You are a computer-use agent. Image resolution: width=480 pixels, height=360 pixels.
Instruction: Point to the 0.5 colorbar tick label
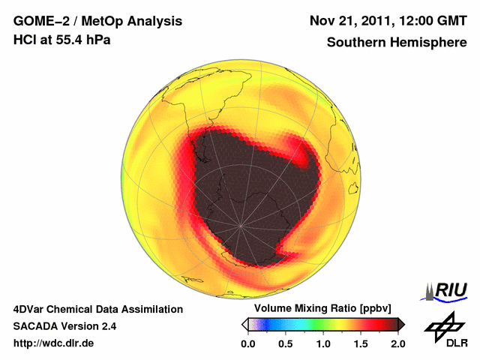pos(285,343)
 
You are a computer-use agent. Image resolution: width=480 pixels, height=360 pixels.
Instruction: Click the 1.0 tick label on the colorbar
pos(322,343)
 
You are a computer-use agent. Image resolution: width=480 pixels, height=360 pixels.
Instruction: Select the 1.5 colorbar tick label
pos(361,343)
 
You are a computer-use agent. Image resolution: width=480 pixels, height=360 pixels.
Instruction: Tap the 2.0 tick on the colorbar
pos(397,343)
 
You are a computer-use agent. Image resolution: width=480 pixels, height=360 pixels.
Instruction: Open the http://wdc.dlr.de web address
pos(54,343)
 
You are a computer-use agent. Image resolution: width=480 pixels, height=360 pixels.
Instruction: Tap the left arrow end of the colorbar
pos(244,324)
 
